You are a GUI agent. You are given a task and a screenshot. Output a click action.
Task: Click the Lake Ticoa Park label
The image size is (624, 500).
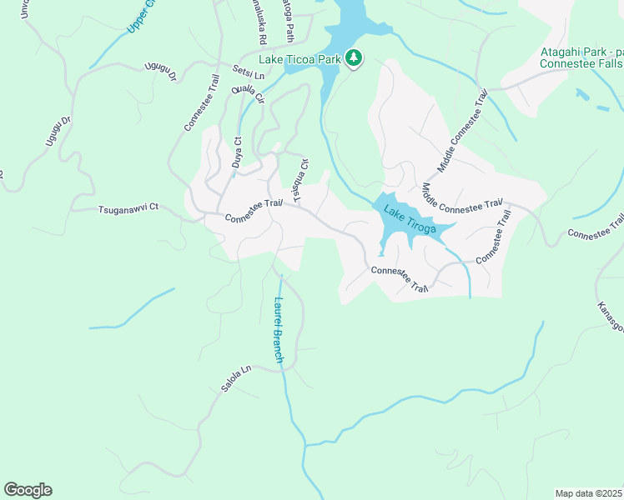coord(299,59)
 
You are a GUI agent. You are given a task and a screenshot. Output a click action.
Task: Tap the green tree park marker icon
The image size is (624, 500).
coord(355,58)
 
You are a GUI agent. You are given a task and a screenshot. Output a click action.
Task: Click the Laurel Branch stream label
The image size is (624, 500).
coord(279,330)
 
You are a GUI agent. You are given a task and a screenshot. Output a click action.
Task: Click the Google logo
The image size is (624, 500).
coord(28,490)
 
